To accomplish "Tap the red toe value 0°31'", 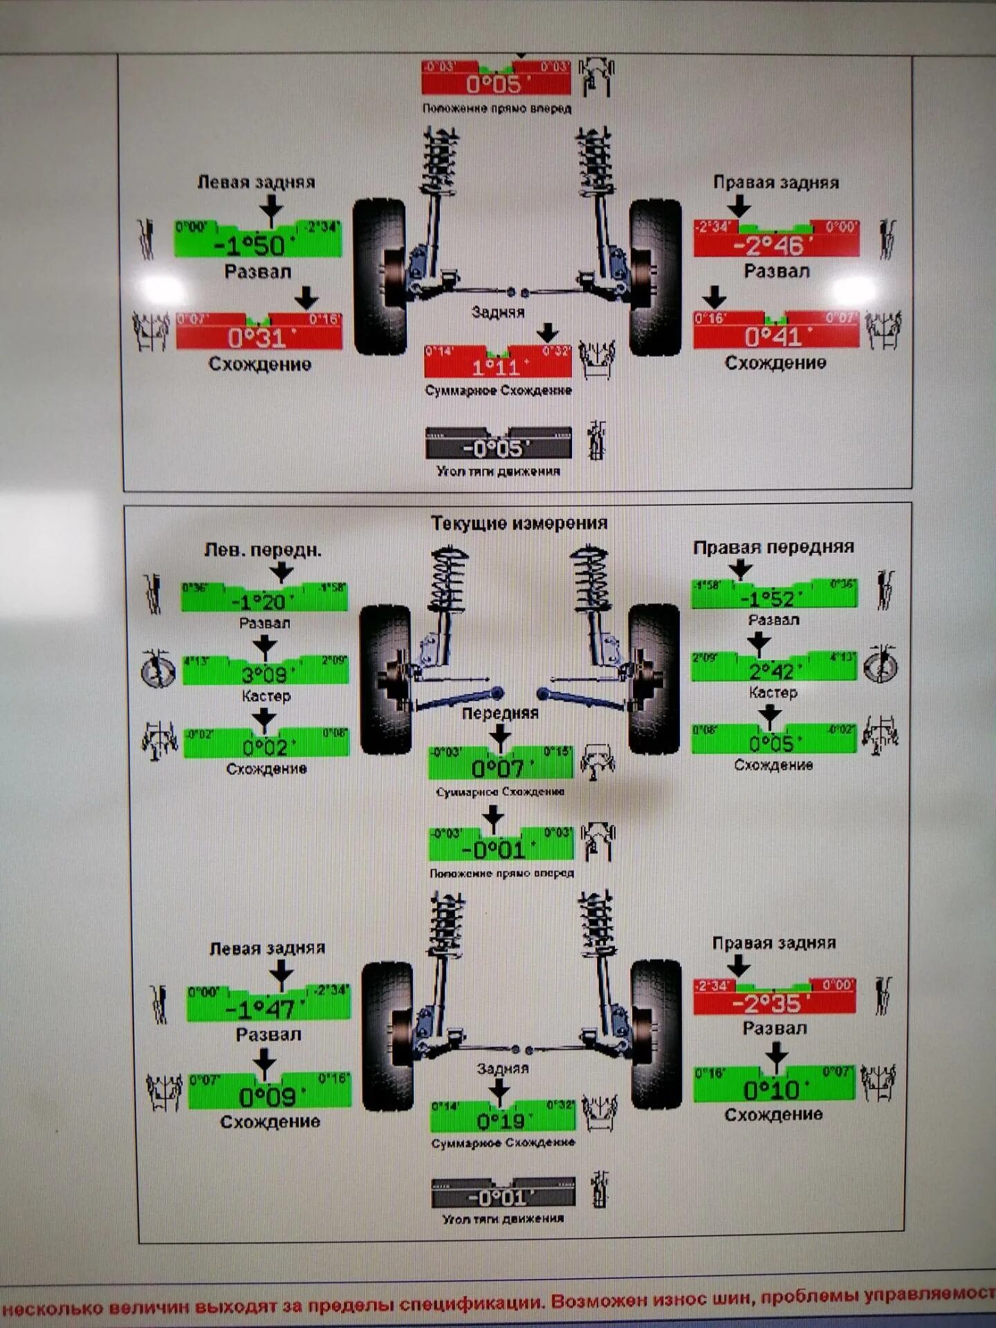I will point(259,338).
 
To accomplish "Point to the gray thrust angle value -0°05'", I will point(498,448).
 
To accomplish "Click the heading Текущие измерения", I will point(519,523).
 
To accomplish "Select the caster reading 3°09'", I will point(265,674).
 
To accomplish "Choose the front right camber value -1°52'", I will point(773,598).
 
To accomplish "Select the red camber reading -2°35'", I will point(773,1003).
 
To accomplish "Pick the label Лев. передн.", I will point(263,550).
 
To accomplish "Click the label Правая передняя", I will point(773,547).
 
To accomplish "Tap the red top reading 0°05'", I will point(495,84).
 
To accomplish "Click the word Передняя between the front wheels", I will point(500,713).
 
